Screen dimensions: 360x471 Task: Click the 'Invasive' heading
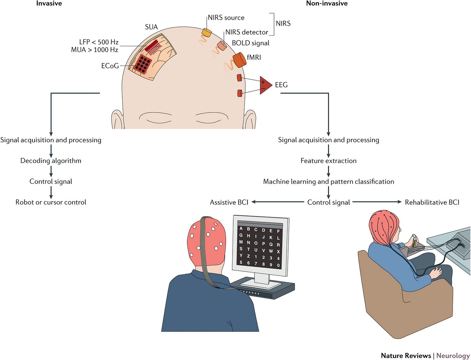(x=49, y=4)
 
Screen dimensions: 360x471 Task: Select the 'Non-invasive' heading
(x=327, y=4)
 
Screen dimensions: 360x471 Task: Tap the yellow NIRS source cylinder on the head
(x=207, y=32)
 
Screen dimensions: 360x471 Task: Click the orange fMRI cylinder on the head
(x=240, y=60)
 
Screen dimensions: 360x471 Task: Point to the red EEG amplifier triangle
(x=265, y=85)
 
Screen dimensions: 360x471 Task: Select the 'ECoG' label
(x=110, y=66)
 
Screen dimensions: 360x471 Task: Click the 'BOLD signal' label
(x=250, y=43)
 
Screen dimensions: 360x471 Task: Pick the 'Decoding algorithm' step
(x=51, y=161)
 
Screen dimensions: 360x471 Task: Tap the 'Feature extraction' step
(x=328, y=161)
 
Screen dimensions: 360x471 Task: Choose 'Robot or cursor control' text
(x=51, y=202)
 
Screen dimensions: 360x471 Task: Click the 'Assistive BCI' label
(x=229, y=202)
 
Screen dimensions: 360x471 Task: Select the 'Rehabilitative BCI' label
(x=432, y=202)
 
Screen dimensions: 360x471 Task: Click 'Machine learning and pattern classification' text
(x=328, y=181)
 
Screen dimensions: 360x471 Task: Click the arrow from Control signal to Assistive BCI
(x=278, y=202)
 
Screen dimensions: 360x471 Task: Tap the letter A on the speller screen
(x=241, y=228)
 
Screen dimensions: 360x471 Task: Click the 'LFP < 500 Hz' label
(x=99, y=42)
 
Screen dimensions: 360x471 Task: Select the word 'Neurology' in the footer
(x=453, y=355)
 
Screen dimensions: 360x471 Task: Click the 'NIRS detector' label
(x=246, y=32)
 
